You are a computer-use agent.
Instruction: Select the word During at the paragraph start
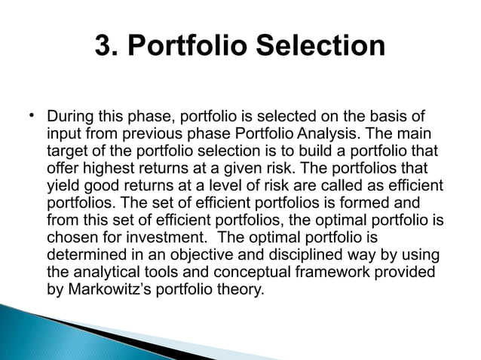[69, 117]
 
